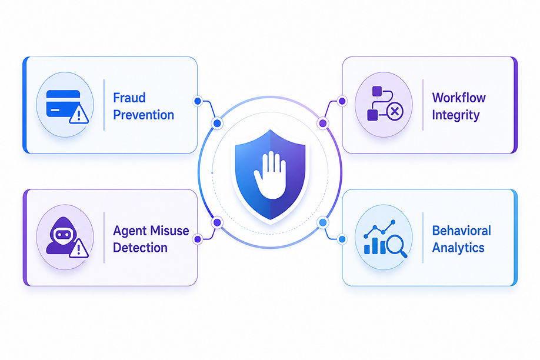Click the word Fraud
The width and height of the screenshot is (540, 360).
click(x=129, y=98)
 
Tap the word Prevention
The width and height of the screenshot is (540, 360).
click(x=144, y=115)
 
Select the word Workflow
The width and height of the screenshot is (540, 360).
click(x=459, y=98)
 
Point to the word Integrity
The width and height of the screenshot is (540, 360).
click(x=456, y=115)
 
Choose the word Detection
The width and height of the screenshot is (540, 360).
click(x=140, y=248)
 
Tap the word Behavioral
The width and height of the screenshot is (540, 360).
click(x=462, y=231)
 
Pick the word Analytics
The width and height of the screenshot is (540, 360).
click(x=458, y=248)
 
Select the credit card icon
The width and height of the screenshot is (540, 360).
click(x=63, y=104)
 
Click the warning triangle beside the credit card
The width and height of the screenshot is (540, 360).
click(x=79, y=114)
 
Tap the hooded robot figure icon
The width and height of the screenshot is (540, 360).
click(x=61, y=236)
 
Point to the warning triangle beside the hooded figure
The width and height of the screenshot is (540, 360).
click(x=79, y=248)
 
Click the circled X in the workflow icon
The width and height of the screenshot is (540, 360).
click(x=395, y=111)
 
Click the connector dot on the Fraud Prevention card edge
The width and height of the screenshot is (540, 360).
click(x=198, y=101)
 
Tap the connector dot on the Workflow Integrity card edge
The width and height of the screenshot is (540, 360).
click(x=342, y=101)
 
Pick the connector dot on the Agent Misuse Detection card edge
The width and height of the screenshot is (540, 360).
click(x=198, y=239)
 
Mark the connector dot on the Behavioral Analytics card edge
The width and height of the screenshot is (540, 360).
click(x=342, y=239)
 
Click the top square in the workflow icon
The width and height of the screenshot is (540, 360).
click(x=377, y=91)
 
